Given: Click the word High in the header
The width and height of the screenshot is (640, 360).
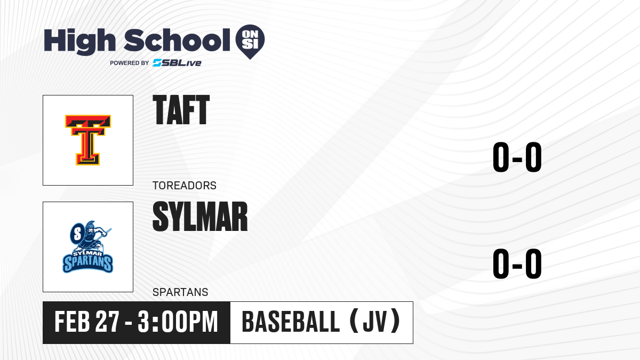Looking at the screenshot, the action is point(79,42).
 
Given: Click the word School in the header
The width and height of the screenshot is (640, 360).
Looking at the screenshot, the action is point(177,40).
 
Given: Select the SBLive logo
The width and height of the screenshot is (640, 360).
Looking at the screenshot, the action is point(177,63).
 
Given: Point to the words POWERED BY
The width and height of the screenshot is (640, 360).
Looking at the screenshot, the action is point(130,63).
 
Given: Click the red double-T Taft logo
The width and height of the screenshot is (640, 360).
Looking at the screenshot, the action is point(88,140).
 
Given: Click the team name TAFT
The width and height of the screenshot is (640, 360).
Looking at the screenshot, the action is point(181,110).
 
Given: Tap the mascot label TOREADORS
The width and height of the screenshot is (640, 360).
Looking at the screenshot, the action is point(185,186).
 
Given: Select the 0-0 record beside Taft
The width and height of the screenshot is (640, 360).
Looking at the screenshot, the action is point(517,157).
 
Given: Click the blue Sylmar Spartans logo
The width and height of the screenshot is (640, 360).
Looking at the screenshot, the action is point(88,247).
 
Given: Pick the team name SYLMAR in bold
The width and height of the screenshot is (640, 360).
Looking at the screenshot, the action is point(200,217).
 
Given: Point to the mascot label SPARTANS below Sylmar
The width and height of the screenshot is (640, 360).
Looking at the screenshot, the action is point(180,292).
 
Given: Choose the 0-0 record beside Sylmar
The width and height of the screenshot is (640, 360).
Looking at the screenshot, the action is point(517,263).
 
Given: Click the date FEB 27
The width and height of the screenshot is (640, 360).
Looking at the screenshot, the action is point(86,322).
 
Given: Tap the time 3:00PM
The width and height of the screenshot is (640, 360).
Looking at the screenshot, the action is point(178,322).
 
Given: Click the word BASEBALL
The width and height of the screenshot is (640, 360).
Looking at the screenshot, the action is point(291,322).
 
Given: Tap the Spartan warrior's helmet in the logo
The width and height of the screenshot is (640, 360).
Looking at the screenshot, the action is point(90,226).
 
